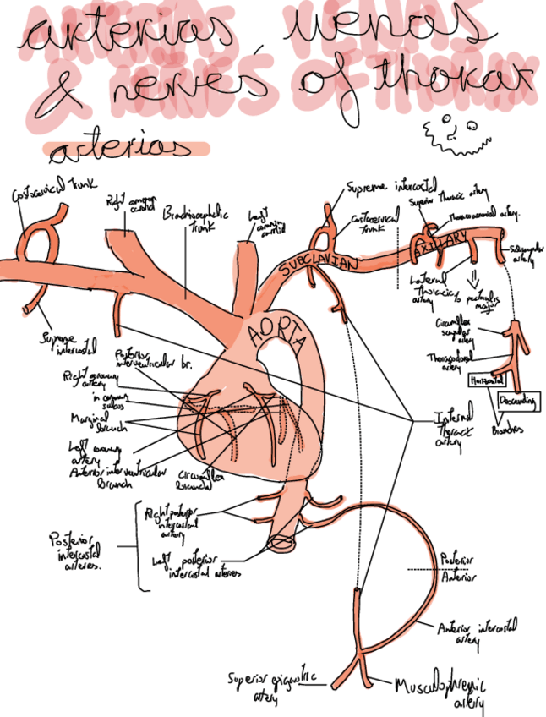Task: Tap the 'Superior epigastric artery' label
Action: pos(271,684)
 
